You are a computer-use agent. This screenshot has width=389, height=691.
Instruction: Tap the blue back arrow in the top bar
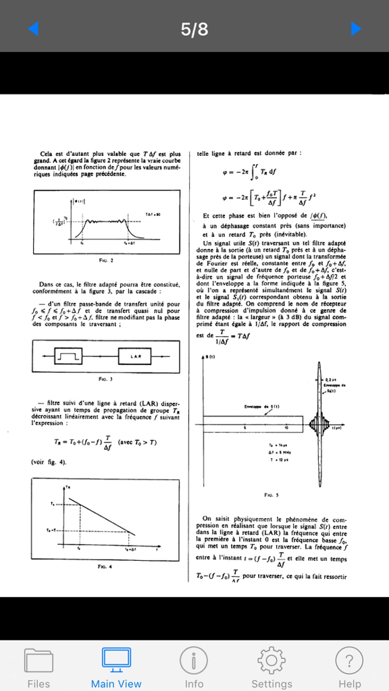coord(33,28)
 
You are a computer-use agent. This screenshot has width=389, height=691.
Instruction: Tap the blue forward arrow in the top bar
coord(356,28)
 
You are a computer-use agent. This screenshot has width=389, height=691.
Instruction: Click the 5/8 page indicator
coord(194,29)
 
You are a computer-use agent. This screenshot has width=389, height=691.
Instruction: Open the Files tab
coord(38,667)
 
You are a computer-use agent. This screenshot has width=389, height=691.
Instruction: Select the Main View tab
coord(116,667)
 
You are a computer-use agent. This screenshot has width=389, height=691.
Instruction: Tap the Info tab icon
coord(194,667)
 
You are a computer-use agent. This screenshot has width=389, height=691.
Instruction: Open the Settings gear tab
coord(271,667)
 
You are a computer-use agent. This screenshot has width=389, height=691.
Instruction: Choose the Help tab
coord(349,667)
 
